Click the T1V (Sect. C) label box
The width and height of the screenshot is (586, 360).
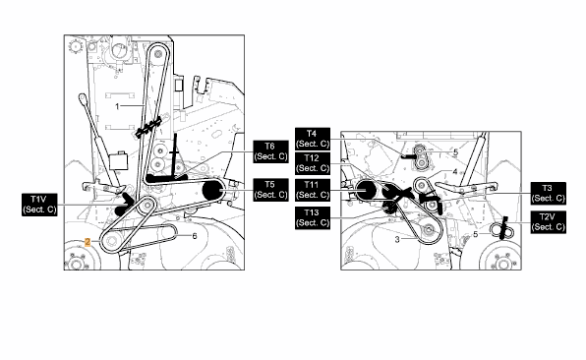[39, 205]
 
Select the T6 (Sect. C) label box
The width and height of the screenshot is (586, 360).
[270, 151]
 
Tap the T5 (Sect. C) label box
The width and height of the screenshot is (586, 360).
[270, 190]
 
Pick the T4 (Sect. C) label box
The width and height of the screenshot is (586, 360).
[313, 139]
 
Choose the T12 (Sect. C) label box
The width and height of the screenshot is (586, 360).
[313, 163]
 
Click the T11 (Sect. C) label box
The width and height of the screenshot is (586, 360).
[313, 190]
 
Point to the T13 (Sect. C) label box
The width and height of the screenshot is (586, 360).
[313, 218]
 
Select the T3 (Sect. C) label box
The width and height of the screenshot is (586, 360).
[549, 193]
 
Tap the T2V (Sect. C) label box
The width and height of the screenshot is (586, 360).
[549, 222]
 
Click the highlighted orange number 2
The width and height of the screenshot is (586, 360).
[88, 242]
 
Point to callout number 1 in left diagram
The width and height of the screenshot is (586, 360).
[117, 106]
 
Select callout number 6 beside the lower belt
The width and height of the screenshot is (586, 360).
[195, 236]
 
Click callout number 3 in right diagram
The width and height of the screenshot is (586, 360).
[397, 239]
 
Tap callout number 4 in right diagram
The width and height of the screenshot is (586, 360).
[455, 171]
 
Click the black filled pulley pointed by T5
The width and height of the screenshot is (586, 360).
[212, 191]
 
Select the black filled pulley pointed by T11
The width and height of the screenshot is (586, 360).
[366, 191]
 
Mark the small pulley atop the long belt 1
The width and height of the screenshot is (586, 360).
[157, 55]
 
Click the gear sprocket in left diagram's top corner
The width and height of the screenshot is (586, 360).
[76, 46]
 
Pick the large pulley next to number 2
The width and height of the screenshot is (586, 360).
[111, 241]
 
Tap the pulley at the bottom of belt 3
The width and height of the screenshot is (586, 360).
[428, 230]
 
